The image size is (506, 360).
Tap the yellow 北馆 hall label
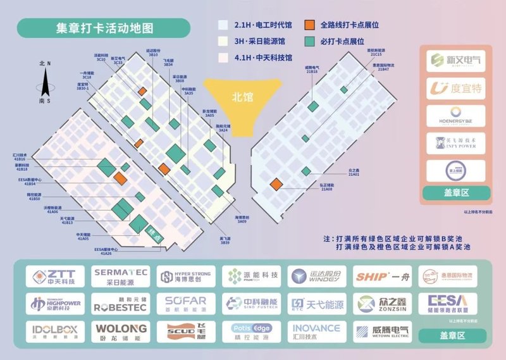point(242,97)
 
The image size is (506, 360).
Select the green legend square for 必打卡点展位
point(309,41)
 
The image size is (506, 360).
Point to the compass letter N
point(49,63)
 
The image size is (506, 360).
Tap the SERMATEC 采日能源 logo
point(120,276)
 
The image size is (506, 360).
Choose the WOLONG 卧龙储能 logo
point(120,331)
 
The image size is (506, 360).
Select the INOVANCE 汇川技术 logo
point(316,331)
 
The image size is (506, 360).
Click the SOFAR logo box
point(185,304)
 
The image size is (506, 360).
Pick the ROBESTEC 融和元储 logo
point(120,304)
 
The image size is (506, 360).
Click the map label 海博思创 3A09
point(242,219)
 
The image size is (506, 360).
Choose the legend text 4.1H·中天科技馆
point(259,58)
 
